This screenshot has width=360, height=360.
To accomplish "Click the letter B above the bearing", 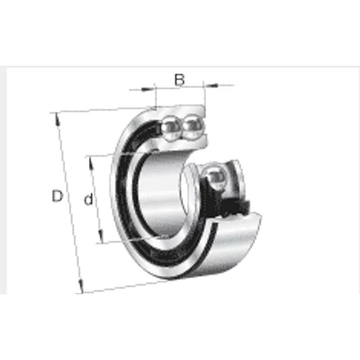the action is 179,80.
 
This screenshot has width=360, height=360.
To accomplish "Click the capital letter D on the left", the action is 57,196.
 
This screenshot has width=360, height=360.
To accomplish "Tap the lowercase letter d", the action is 88,199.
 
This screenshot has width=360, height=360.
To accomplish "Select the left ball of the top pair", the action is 171,127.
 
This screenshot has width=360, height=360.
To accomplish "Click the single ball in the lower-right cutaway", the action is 215,179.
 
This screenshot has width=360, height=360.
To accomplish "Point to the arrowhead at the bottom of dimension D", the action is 80,286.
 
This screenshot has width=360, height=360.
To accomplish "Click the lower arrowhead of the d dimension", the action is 101,236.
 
